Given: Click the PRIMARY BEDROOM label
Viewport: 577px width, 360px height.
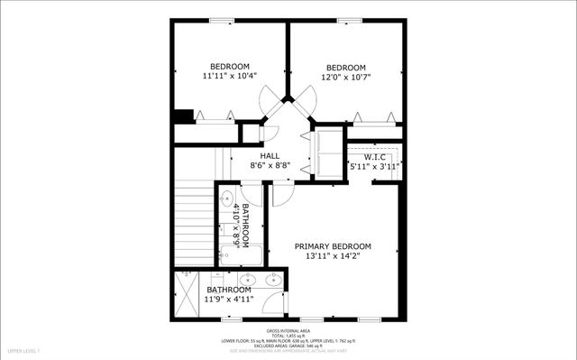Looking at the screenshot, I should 332,246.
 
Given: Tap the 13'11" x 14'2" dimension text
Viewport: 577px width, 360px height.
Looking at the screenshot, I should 332,257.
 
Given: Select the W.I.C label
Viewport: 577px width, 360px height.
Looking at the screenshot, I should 375,157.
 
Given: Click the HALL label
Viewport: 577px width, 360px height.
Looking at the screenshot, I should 270,156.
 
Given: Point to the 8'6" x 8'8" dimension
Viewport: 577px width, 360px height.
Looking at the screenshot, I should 270,166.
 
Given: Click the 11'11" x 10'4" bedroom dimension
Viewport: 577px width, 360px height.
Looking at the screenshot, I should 230,77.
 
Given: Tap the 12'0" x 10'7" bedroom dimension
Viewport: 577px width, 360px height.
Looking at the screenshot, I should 345,77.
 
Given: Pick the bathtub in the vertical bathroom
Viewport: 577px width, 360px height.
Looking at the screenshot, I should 241,255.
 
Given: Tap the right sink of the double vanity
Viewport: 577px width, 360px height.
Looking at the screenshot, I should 272,280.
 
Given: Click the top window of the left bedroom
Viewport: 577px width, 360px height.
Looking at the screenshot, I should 222,21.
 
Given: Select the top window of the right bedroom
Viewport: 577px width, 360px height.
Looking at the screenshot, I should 349,21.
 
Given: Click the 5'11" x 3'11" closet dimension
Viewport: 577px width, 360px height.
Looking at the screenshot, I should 375,167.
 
